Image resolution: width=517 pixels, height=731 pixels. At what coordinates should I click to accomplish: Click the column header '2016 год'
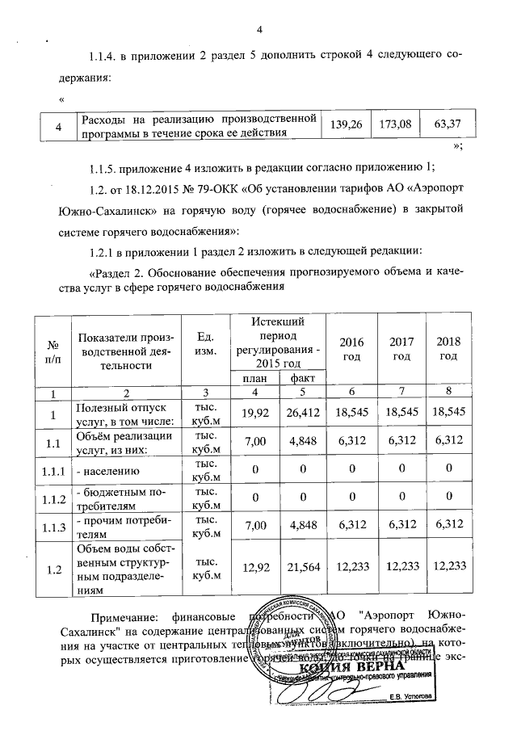(x=352, y=349)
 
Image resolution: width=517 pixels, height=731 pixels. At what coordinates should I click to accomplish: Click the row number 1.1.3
(x=54, y=527)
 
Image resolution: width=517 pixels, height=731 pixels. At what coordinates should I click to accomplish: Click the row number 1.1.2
(x=54, y=498)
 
